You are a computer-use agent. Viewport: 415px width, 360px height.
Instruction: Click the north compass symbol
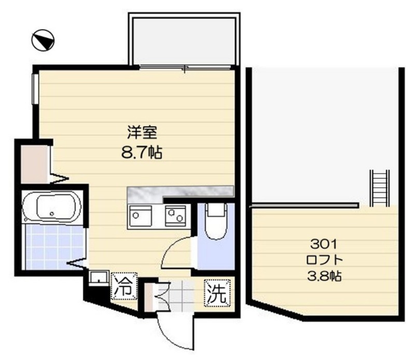pos(43,40)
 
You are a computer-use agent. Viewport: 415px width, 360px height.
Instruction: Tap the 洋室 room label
pos(142,133)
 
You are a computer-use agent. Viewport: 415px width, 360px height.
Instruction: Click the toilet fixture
pos(216,221)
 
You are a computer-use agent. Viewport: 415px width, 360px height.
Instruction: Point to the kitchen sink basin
pos(140,216)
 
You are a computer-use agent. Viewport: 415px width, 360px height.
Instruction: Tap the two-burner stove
pos(175,216)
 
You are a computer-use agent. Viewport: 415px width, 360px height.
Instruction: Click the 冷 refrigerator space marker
pos(124,286)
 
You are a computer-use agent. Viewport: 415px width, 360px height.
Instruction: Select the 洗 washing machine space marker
pos(217,293)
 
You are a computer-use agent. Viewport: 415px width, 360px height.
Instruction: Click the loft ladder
pos(380,188)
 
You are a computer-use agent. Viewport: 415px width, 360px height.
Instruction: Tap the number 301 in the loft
pos(324,244)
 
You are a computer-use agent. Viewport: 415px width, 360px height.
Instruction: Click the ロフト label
pos(325,260)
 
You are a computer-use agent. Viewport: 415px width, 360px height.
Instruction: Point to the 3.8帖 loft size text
pos(324,276)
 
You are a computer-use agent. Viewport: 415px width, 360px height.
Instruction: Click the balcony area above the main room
pos(184,40)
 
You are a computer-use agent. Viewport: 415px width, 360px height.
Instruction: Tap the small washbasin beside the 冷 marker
pos(99,278)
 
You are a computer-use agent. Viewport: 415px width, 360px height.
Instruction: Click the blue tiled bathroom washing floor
pos(54,247)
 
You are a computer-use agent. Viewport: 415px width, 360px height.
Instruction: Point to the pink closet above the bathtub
pos(34,164)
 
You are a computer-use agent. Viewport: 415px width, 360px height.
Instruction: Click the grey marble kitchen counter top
pos(180,191)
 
